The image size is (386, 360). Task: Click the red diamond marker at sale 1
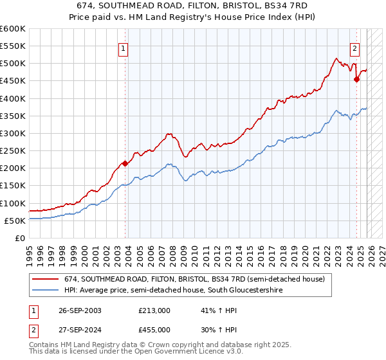tap(125, 163)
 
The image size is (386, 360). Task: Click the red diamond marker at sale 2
tap(356, 79)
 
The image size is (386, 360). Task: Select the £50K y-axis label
tap(15, 221)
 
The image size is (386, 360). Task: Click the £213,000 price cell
tap(154, 310)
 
